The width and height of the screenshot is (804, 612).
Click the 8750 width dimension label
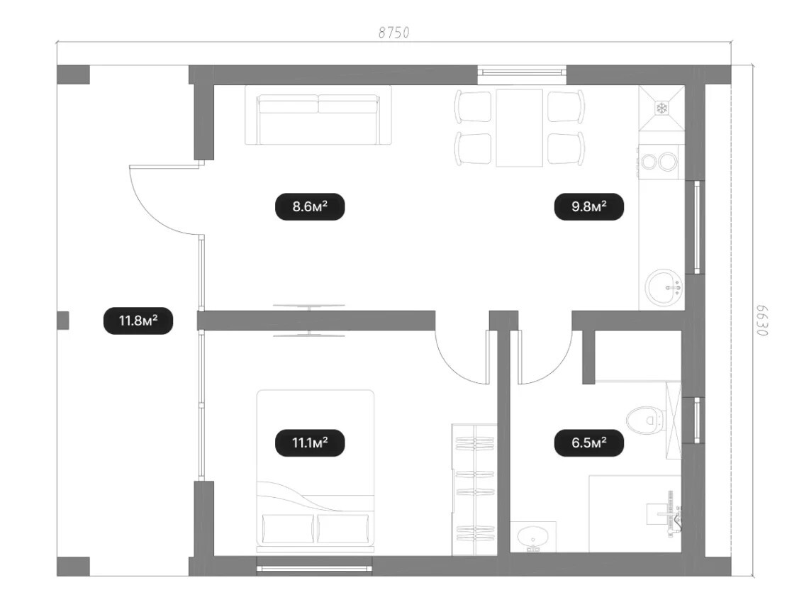[x=393, y=33]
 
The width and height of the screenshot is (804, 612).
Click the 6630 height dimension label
[x=762, y=321]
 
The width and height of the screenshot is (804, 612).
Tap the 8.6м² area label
[x=310, y=207]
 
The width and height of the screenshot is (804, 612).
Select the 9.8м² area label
[x=589, y=207]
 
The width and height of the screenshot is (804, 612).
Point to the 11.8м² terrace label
[x=138, y=321]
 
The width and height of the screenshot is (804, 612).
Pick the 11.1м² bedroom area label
[x=310, y=443]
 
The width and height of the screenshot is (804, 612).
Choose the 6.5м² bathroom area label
[x=589, y=443]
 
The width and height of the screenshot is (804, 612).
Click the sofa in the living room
[x=318, y=115]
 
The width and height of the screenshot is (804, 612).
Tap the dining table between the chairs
[x=519, y=128]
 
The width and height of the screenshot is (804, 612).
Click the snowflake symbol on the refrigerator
[x=662, y=108]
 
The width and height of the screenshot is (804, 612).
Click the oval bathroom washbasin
[x=533, y=538]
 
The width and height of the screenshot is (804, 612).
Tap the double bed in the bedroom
[x=316, y=471]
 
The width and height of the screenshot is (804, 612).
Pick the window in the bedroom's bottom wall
[x=314, y=568]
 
